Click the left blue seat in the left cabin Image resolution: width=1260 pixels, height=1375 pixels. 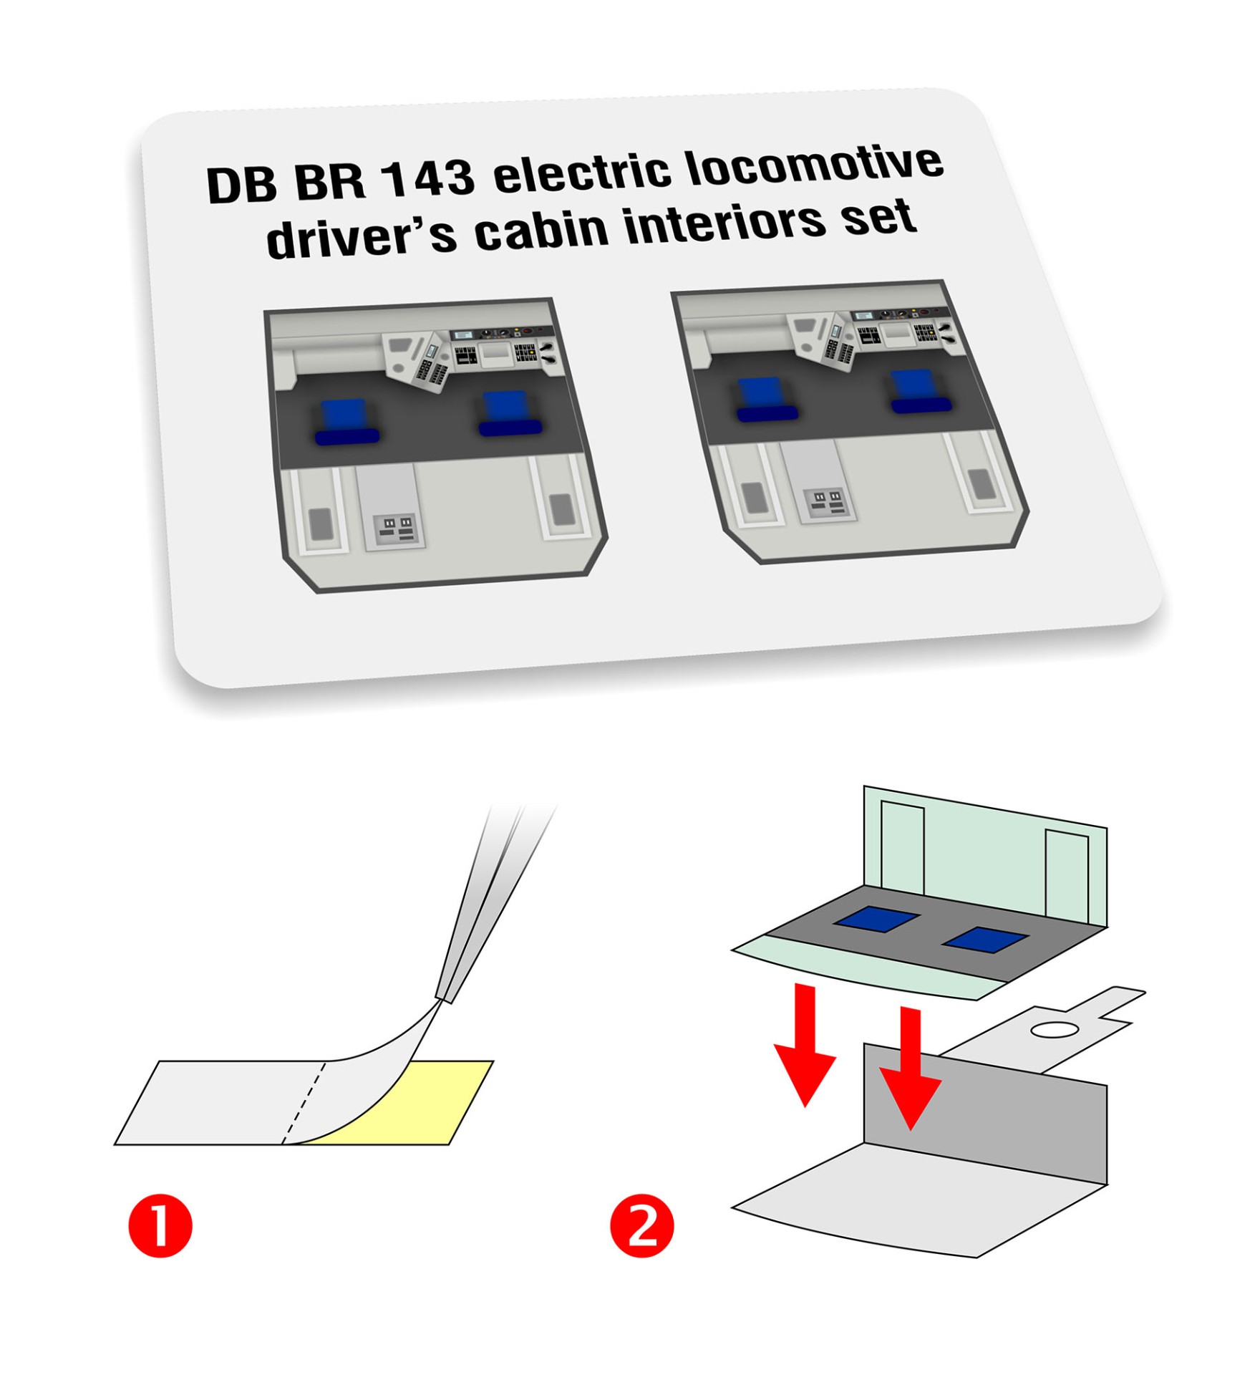click(x=346, y=423)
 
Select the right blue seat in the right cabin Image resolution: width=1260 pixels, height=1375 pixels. click(x=920, y=392)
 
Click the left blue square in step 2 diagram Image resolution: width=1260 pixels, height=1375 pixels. click(x=876, y=920)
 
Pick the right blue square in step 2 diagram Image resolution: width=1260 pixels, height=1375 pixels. click(x=986, y=940)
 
